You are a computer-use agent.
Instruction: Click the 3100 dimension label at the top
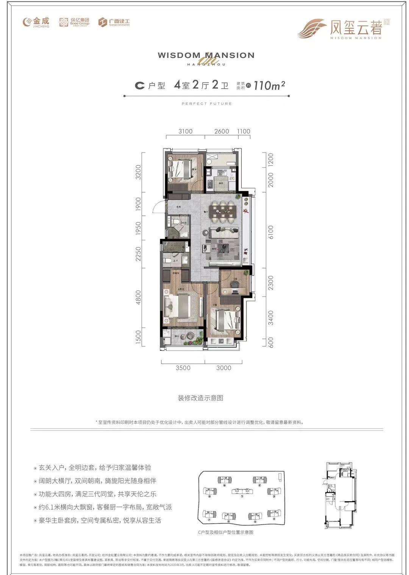click(x=185, y=131)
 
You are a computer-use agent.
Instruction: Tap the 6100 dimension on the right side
click(x=270, y=232)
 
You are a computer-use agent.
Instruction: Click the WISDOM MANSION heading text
click(x=206, y=55)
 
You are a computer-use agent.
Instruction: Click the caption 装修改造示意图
click(x=200, y=398)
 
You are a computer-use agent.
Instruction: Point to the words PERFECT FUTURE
click(x=206, y=103)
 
